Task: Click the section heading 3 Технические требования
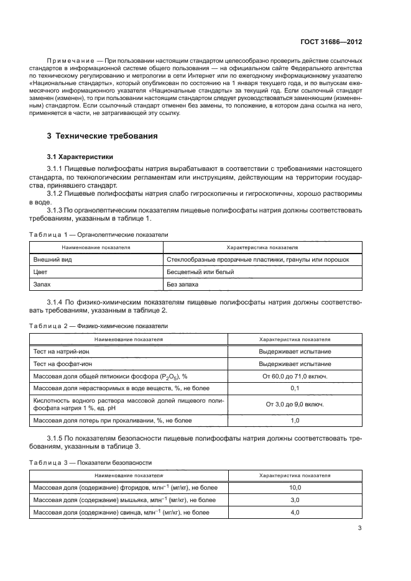[x=102, y=136]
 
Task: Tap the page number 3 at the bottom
[x=360, y=529]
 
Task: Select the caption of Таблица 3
[x=91, y=462]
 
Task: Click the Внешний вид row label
[x=52, y=259]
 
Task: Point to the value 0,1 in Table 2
[x=295, y=388]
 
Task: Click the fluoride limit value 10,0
[x=295, y=488]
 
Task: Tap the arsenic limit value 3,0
[x=295, y=500]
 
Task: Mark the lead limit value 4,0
[x=295, y=513]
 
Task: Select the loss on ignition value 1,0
[x=295, y=421]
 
